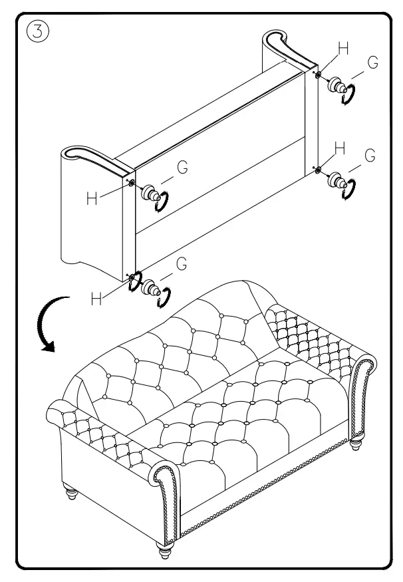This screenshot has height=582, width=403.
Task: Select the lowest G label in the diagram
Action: [x=181, y=264]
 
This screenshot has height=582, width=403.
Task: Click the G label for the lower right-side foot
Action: [x=370, y=156]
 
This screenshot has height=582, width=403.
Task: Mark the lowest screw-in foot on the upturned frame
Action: [x=157, y=291]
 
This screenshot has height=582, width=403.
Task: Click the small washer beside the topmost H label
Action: [x=319, y=76]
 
